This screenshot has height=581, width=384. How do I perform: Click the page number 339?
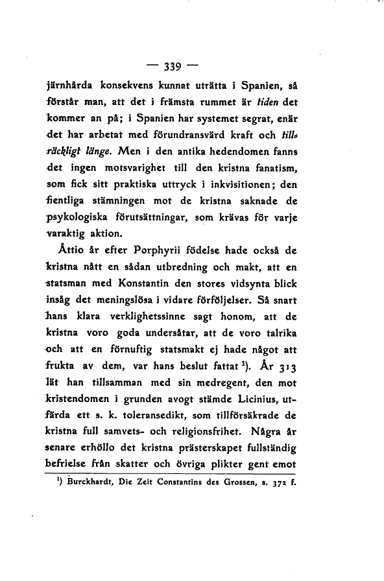(173, 65)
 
